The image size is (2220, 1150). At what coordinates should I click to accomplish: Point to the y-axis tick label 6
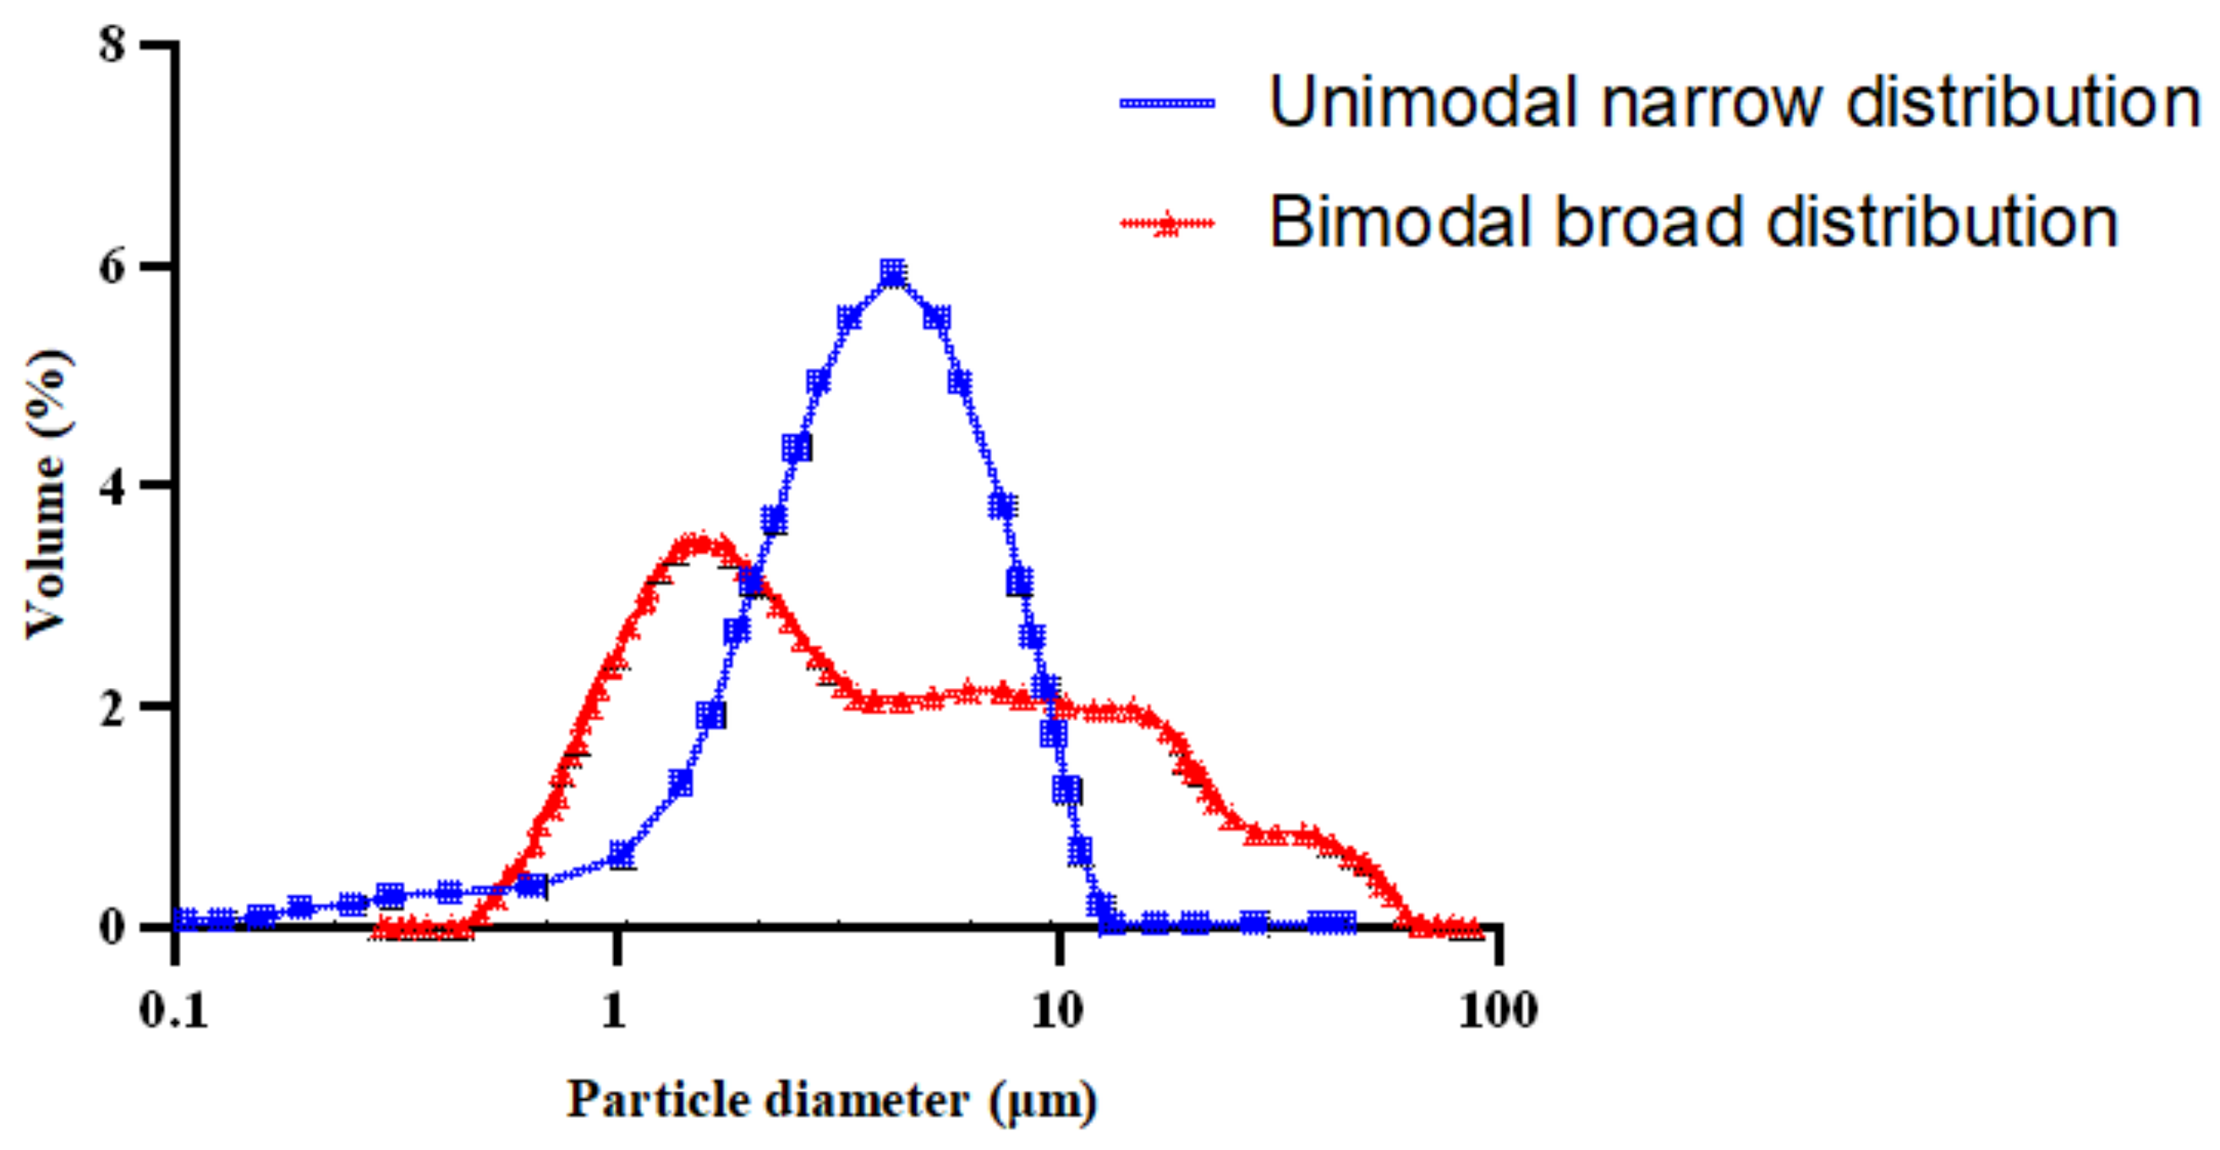coord(112,267)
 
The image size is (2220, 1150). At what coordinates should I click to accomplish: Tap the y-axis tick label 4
coord(112,487)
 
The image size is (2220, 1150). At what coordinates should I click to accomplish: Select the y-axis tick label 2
coord(112,708)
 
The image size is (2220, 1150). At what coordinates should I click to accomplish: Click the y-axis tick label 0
coord(112,928)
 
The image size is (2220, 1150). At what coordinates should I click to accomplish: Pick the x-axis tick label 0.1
coord(173,1010)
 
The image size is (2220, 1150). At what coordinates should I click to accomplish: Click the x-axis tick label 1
coord(614,1010)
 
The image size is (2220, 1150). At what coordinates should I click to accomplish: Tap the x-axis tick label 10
coord(1056,1010)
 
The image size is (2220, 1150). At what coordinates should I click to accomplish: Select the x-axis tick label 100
coord(1498,1010)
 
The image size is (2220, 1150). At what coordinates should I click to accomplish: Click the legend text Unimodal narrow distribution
coord(1734,102)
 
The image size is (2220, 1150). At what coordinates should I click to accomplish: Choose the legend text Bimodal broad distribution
coord(1693,223)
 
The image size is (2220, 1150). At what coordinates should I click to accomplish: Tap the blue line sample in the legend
coord(1167,103)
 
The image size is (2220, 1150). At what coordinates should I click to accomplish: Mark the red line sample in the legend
coord(1167,224)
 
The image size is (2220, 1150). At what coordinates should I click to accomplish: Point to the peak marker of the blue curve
coord(893,273)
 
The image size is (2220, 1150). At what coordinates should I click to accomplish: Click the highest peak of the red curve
coord(703,543)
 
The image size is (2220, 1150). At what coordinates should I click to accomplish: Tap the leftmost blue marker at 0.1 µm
coord(185,919)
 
